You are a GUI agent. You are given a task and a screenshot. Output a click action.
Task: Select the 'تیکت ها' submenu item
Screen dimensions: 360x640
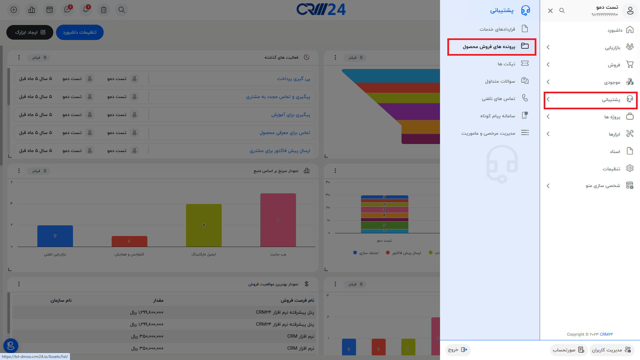pos(506,64)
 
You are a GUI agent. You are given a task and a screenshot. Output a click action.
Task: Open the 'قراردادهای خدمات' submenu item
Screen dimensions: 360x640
pos(497,29)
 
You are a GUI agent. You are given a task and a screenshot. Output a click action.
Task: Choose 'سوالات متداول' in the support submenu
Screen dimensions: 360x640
pos(500,81)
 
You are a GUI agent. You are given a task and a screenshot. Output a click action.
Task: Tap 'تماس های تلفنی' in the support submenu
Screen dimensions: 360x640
pos(498,98)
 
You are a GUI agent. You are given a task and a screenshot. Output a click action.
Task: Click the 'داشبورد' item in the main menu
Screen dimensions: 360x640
pos(615,30)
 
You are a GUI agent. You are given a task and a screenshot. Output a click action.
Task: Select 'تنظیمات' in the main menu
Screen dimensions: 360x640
pos(611,169)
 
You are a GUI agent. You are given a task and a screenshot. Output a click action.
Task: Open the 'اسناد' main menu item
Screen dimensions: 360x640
pos(615,151)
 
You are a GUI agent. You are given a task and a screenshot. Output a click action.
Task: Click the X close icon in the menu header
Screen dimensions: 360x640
pos(550,11)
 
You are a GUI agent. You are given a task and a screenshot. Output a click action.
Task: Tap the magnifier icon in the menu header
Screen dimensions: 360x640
pos(562,11)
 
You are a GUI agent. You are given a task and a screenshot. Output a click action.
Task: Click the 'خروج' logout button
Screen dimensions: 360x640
pos(458,350)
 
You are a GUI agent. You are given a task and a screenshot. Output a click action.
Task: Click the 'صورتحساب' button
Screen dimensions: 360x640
pos(568,350)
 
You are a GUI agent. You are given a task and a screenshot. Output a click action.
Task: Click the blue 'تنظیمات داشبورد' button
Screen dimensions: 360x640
pos(80,32)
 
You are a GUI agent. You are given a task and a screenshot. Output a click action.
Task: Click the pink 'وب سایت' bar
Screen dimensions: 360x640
pos(278,220)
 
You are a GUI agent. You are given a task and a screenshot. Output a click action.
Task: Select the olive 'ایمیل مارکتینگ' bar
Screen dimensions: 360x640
pos(204,225)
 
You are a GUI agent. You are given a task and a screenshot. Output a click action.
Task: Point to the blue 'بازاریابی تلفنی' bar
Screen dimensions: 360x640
pos(55,236)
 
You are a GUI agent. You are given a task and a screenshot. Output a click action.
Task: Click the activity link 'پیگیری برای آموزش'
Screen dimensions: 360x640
pos(291,115)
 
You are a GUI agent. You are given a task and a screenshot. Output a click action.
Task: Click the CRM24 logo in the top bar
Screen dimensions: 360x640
pos(321,10)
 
